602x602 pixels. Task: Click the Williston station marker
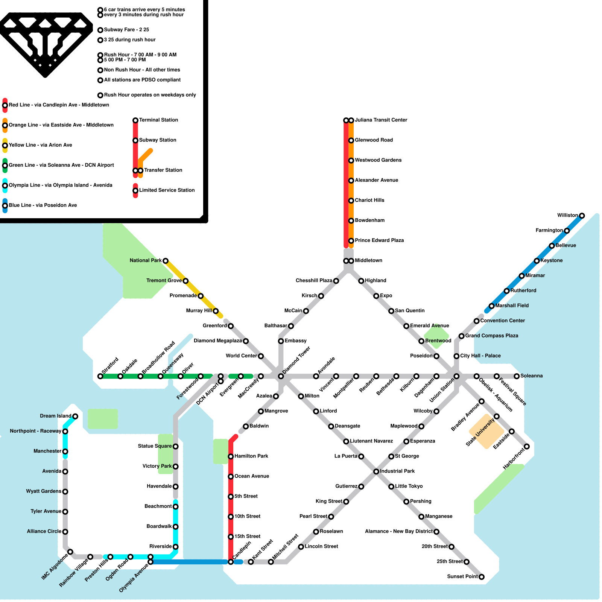[582, 216]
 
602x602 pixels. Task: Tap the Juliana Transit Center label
[381, 120]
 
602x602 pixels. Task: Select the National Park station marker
[165, 261]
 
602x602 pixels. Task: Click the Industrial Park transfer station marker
[376, 471]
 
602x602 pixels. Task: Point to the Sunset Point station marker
[481, 577]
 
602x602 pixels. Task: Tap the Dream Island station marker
[75, 416]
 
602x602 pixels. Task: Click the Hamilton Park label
[251, 456]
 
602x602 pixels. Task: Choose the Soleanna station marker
[517, 376]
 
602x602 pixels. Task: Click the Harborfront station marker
[527, 447]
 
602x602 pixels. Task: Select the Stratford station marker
[100, 376]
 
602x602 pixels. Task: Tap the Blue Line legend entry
[43, 205]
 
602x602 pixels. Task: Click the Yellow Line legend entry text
[40, 145]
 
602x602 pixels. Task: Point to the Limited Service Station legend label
[167, 190]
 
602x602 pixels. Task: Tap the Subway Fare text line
[126, 30]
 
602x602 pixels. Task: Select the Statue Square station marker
[175, 447]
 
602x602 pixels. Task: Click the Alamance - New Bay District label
[398, 531]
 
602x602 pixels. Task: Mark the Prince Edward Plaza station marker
[351, 241]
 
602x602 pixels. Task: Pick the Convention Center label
[502, 321]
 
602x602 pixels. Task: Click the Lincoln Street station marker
[301, 547]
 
